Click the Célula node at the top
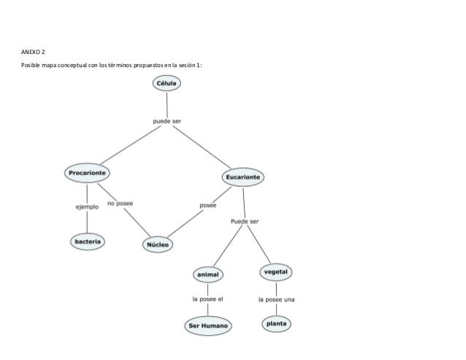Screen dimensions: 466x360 click(167, 84)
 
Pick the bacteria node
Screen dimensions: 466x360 click(88, 241)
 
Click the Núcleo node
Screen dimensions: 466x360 click(158, 245)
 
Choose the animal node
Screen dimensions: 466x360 click(207, 275)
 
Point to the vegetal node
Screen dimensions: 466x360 click(276, 272)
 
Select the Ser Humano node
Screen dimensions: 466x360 click(208, 325)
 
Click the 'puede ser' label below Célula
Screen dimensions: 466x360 click(167, 120)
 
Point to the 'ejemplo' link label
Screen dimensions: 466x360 click(87, 207)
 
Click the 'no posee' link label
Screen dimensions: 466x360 click(121, 204)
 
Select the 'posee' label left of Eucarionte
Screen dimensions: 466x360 click(208, 205)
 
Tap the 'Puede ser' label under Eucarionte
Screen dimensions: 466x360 click(245, 221)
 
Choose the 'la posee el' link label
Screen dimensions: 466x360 click(207, 299)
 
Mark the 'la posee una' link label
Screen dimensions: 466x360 click(276, 299)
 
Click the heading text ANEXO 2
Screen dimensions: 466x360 click(32, 53)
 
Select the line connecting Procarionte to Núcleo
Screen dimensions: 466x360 click(139, 222)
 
